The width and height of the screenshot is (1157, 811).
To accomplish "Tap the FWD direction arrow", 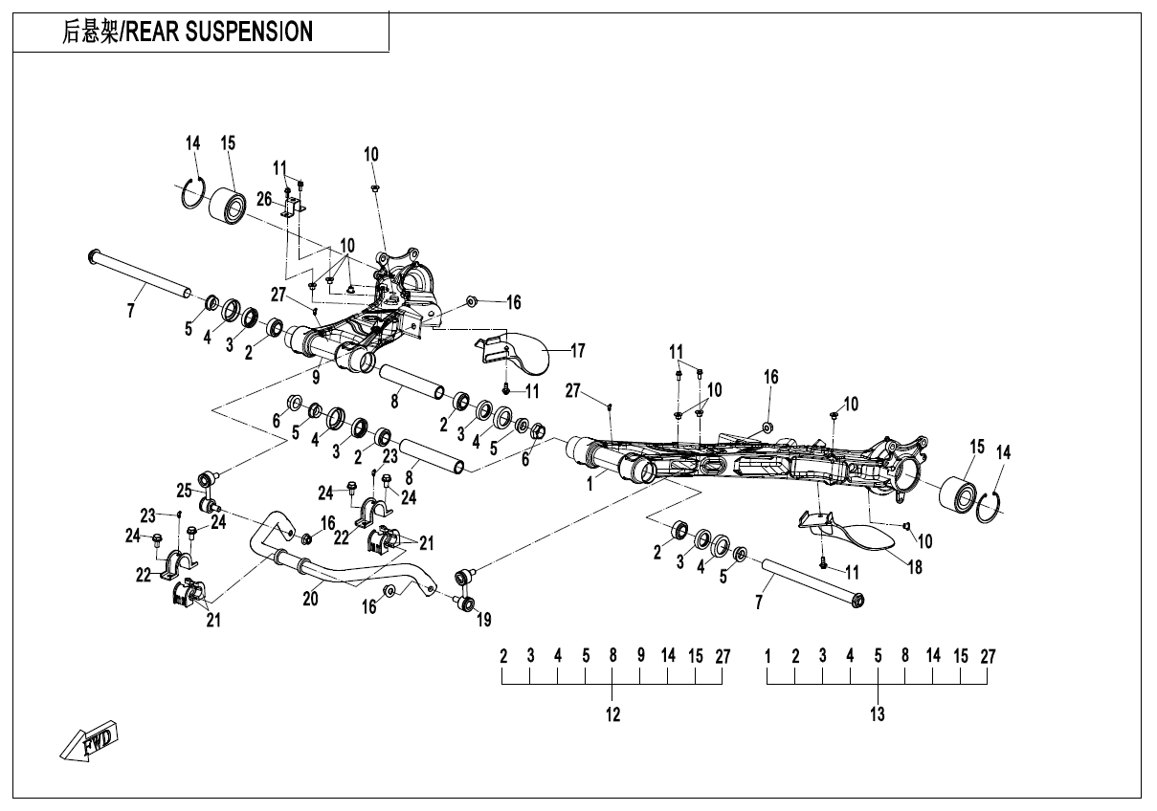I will [x=89, y=742].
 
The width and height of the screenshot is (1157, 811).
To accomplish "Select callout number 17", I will [x=577, y=351].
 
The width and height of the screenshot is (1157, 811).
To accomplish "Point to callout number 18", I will [x=915, y=567].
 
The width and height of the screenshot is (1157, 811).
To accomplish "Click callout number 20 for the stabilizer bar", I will [x=309, y=598].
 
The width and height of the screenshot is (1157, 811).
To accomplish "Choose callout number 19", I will [x=483, y=620].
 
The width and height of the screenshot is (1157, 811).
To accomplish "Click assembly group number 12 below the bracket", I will [x=612, y=714].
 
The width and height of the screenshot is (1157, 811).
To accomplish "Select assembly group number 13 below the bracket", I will [x=877, y=714].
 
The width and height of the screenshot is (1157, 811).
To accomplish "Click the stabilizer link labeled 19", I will [x=467, y=589].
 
